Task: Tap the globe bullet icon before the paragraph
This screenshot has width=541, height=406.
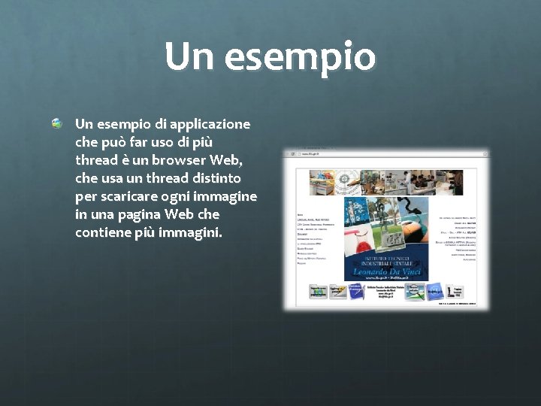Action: pos(58,123)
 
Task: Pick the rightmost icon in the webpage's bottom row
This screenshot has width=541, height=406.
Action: pos(456,290)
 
